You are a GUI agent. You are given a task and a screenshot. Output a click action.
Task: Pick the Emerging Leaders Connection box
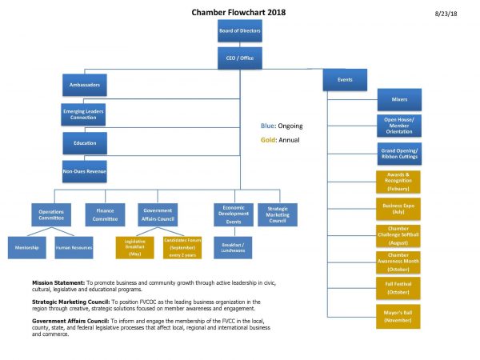[x=84, y=114]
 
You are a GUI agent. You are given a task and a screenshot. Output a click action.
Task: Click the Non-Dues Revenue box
[x=84, y=170]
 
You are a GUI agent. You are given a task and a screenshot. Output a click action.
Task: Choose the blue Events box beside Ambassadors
[x=345, y=80]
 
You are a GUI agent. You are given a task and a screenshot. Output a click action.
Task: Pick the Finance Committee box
[x=105, y=214]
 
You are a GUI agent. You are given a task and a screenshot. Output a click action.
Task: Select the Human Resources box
[x=74, y=247]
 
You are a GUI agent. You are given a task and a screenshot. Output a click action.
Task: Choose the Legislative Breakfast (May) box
[x=134, y=246]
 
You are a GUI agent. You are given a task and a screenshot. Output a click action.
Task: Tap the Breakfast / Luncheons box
[x=233, y=246]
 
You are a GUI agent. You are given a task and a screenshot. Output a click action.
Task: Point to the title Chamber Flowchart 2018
[x=238, y=13]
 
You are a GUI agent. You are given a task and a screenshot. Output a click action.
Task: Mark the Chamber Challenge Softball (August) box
[x=398, y=236]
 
